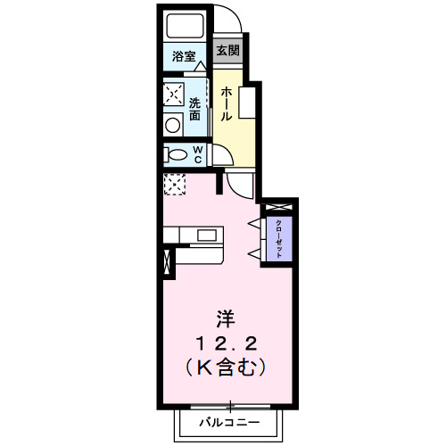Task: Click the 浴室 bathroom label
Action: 184,56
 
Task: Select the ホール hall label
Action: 227,104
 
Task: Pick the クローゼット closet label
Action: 278,238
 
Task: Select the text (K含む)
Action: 228,365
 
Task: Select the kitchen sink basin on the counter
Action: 208,235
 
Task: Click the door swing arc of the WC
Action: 221,155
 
